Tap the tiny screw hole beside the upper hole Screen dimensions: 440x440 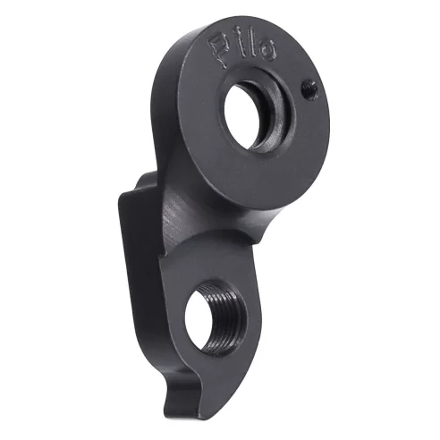tap(309, 88)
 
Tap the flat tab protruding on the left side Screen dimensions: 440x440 tap(132, 259)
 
